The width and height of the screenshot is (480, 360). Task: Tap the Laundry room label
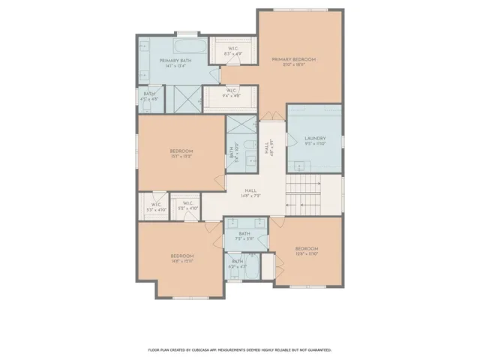pyautogui.click(x=314, y=139)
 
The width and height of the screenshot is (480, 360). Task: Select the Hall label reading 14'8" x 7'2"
pyautogui.click(x=250, y=193)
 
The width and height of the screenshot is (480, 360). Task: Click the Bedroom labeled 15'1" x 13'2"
pyautogui.click(x=181, y=153)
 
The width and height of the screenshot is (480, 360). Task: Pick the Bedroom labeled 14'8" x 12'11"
pyautogui.click(x=181, y=257)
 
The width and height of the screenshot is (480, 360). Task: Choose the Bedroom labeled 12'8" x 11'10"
pyautogui.click(x=306, y=250)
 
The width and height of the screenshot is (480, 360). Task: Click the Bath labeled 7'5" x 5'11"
pyautogui.click(x=244, y=236)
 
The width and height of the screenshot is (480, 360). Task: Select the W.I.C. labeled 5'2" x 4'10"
pyautogui.click(x=187, y=206)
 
